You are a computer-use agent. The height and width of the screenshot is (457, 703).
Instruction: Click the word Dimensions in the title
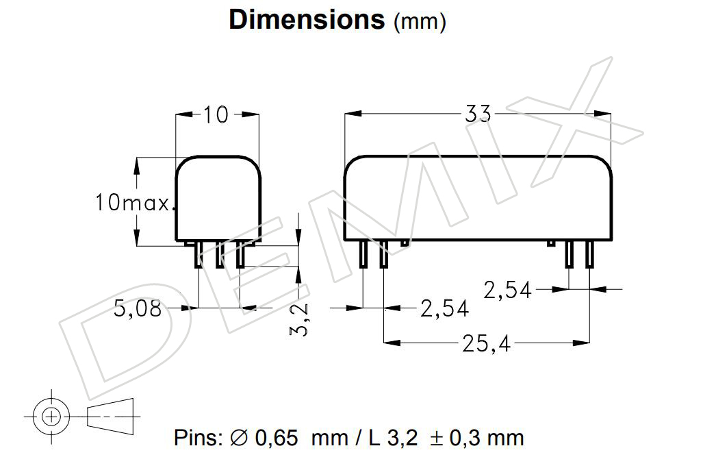point(307,20)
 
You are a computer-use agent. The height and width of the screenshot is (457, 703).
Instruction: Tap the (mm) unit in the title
point(420,21)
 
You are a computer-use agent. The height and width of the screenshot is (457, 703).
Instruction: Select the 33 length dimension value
point(478,114)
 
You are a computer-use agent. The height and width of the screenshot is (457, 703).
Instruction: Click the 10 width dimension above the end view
point(216,114)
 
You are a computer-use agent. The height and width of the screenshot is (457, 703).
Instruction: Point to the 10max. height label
point(133,202)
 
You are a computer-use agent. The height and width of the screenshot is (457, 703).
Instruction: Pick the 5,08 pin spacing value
point(138,308)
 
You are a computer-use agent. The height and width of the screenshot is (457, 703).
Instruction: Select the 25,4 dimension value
point(487,345)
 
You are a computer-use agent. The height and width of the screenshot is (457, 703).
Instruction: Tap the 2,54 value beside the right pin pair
point(507,290)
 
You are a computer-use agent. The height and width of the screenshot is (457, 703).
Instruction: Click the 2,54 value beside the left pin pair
point(444,308)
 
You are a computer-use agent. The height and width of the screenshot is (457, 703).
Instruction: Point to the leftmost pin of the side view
point(363,254)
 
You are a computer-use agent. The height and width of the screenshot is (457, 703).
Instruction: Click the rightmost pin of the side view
point(589,254)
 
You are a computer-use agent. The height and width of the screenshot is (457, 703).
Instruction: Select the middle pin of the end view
point(220,255)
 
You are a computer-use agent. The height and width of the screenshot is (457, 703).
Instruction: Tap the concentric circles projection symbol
point(51,417)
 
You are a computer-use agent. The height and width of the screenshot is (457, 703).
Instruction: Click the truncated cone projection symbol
point(110,416)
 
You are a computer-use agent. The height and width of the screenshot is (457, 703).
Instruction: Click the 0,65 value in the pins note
point(276,438)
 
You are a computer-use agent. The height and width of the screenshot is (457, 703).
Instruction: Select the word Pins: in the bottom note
point(198,438)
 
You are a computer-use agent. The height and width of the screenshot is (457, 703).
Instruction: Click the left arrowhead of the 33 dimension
point(353,114)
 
